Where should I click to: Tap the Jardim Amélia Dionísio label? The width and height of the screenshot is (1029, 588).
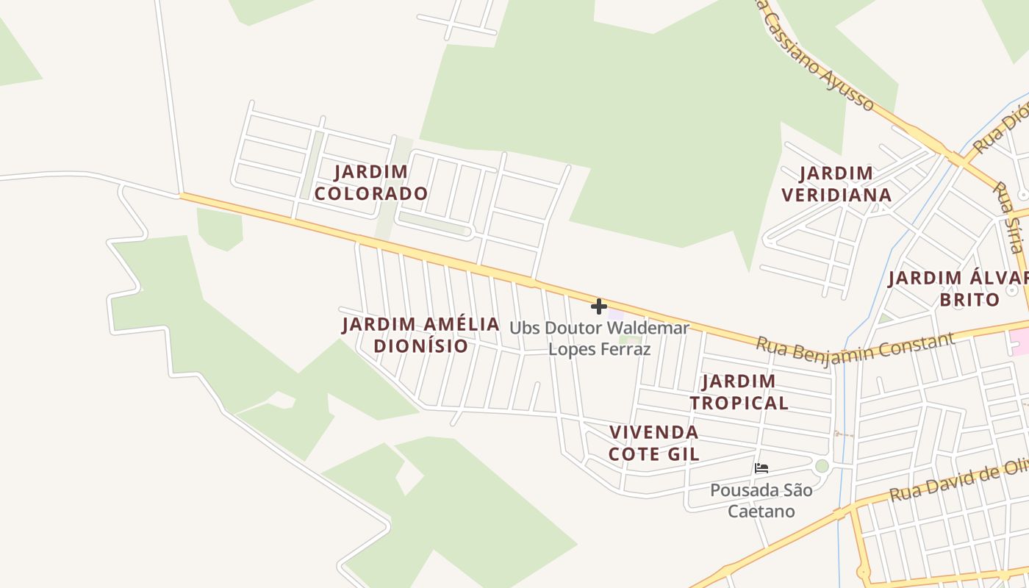click(x=420, y=335)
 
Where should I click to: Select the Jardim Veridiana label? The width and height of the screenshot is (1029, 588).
click(x=836, y=184)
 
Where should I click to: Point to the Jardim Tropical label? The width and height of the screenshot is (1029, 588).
click(x=739, y=392)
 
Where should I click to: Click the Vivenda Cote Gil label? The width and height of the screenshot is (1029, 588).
click(x=653, y=442)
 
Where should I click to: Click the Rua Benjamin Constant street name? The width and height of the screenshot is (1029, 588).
click(x=856, y=345)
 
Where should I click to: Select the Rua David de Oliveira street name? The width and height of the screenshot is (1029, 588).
click(x=955, y=482)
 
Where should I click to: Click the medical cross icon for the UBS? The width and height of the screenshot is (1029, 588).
click(x=599, y=306)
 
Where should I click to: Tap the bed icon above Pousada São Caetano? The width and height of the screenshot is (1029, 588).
click(x=761, y=467)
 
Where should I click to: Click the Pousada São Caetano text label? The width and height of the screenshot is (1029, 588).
click(x=761, y=500)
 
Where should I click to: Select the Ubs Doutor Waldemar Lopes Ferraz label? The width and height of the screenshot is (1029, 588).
click(x=600, y=338)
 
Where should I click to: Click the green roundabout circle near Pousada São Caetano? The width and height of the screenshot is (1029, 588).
click(x=822, y=466)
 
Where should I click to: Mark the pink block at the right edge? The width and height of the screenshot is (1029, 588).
click(x=1020, y=340)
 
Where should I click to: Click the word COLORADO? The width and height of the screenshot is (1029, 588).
click(x=371, y=194)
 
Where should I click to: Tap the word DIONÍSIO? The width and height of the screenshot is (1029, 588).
click(x=420, y=346)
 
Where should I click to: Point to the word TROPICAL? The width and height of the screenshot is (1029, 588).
click(x=739, y=403)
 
